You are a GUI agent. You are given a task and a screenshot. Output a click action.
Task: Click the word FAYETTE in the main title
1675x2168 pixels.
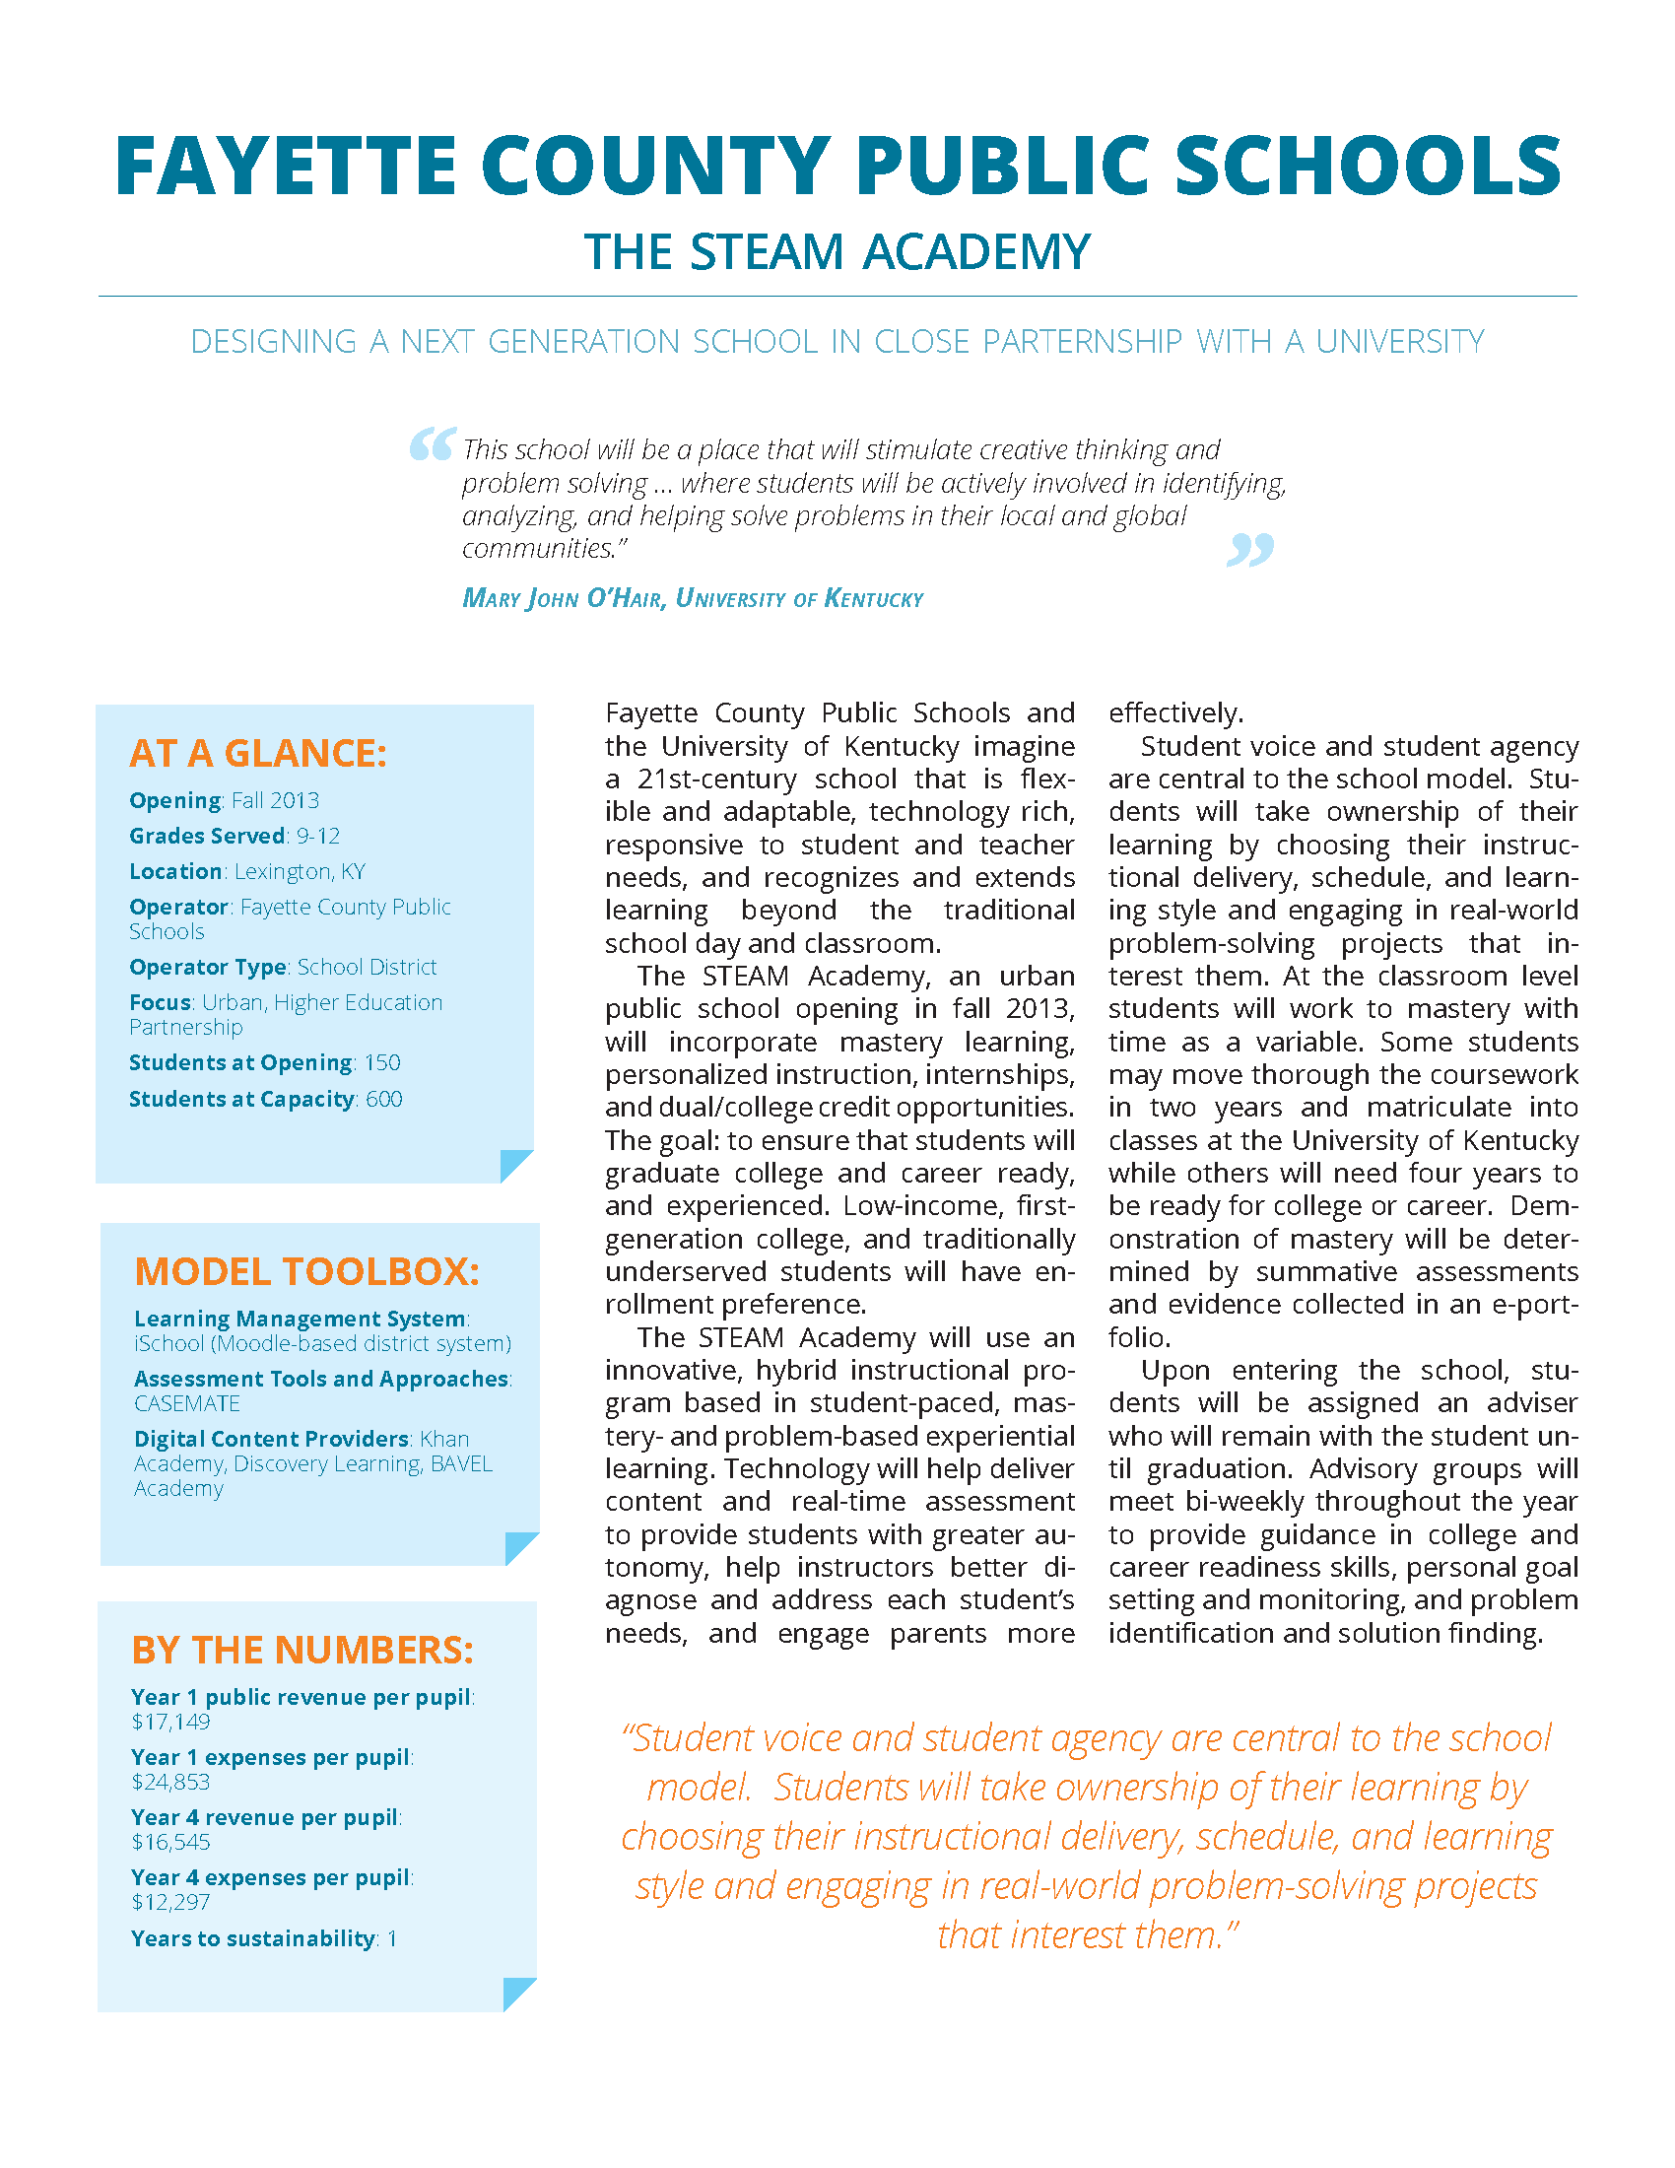pyautogui.click(x=286, y=166)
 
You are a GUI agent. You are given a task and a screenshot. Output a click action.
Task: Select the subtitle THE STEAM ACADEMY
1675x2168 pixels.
pyautogui.click(x=837, y=252)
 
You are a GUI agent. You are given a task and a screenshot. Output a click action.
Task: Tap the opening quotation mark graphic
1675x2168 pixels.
pyautogui.click(x=433, y=443)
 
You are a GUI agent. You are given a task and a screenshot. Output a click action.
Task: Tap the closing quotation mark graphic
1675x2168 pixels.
pyautogui.click(x=1250, y=549)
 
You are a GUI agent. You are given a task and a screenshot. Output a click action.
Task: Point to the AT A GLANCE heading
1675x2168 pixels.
pyautogui.click(x=258, y=754)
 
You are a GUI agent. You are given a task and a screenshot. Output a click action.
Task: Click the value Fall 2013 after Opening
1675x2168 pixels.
pyautogui.click(x=276, y=801)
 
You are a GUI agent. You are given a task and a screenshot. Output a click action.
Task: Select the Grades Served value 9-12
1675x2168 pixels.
pyautogui.click(x=317, y=837)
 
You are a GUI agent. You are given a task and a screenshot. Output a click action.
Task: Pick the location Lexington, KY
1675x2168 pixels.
pyautogui.click(x=300, y=871)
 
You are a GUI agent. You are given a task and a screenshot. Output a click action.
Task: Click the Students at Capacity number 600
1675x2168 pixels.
pyautogui.click(x=383, y=1100)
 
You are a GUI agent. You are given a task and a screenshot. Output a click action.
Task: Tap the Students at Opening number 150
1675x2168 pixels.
pyautogui.click(x=382, y=1063)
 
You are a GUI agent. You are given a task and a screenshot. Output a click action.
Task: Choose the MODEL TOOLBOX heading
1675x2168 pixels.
pyautogui.click(x=306, y=1271)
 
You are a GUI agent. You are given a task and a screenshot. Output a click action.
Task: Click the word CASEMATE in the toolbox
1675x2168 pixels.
pyautogui.click(x=187, y=1403)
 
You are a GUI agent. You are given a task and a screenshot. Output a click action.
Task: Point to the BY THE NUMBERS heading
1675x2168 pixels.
pyautogui.click(x=302, y=1650)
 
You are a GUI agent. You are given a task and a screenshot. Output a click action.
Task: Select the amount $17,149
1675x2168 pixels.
pyautogui.click(x=171, y=1723)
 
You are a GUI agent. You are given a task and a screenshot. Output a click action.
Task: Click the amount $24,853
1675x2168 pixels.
pyautogui.click(x=171, y=1782)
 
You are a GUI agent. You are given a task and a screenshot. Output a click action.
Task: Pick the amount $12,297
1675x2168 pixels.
pyautogui.click(x=171, y=1902)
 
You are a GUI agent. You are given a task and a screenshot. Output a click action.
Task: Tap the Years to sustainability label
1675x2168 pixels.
pyautogui.click(x=253, y=1938)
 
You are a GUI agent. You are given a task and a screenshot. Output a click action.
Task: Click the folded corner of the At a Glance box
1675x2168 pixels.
pyautogui.click(x=514, y=1166)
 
